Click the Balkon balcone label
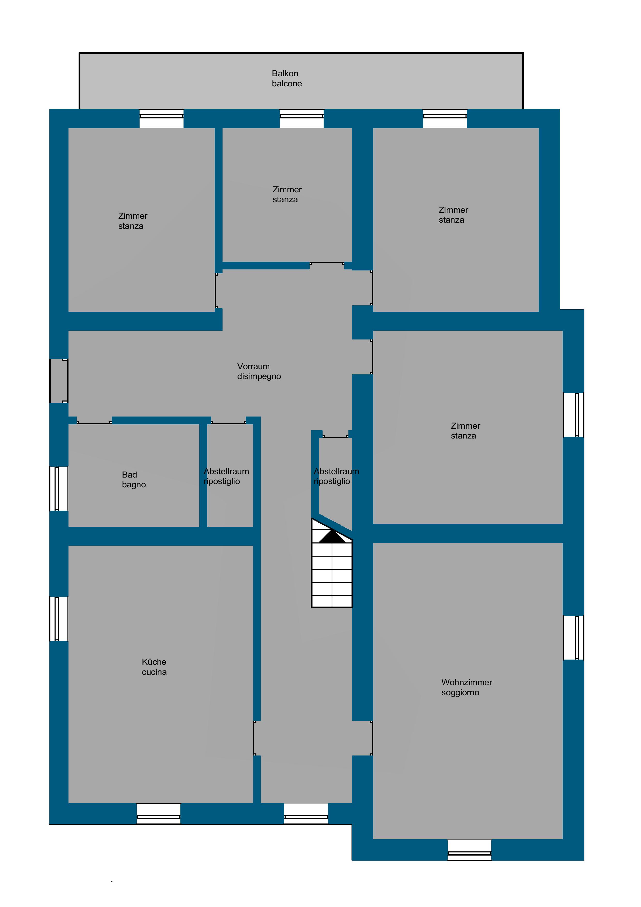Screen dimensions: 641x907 (287, 78)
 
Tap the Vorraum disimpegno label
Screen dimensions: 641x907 (259, 371)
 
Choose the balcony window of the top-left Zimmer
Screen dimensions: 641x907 (162, 118)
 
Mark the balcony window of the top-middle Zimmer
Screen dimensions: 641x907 (302, 118)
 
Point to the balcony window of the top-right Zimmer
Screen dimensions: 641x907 (445, 118)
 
